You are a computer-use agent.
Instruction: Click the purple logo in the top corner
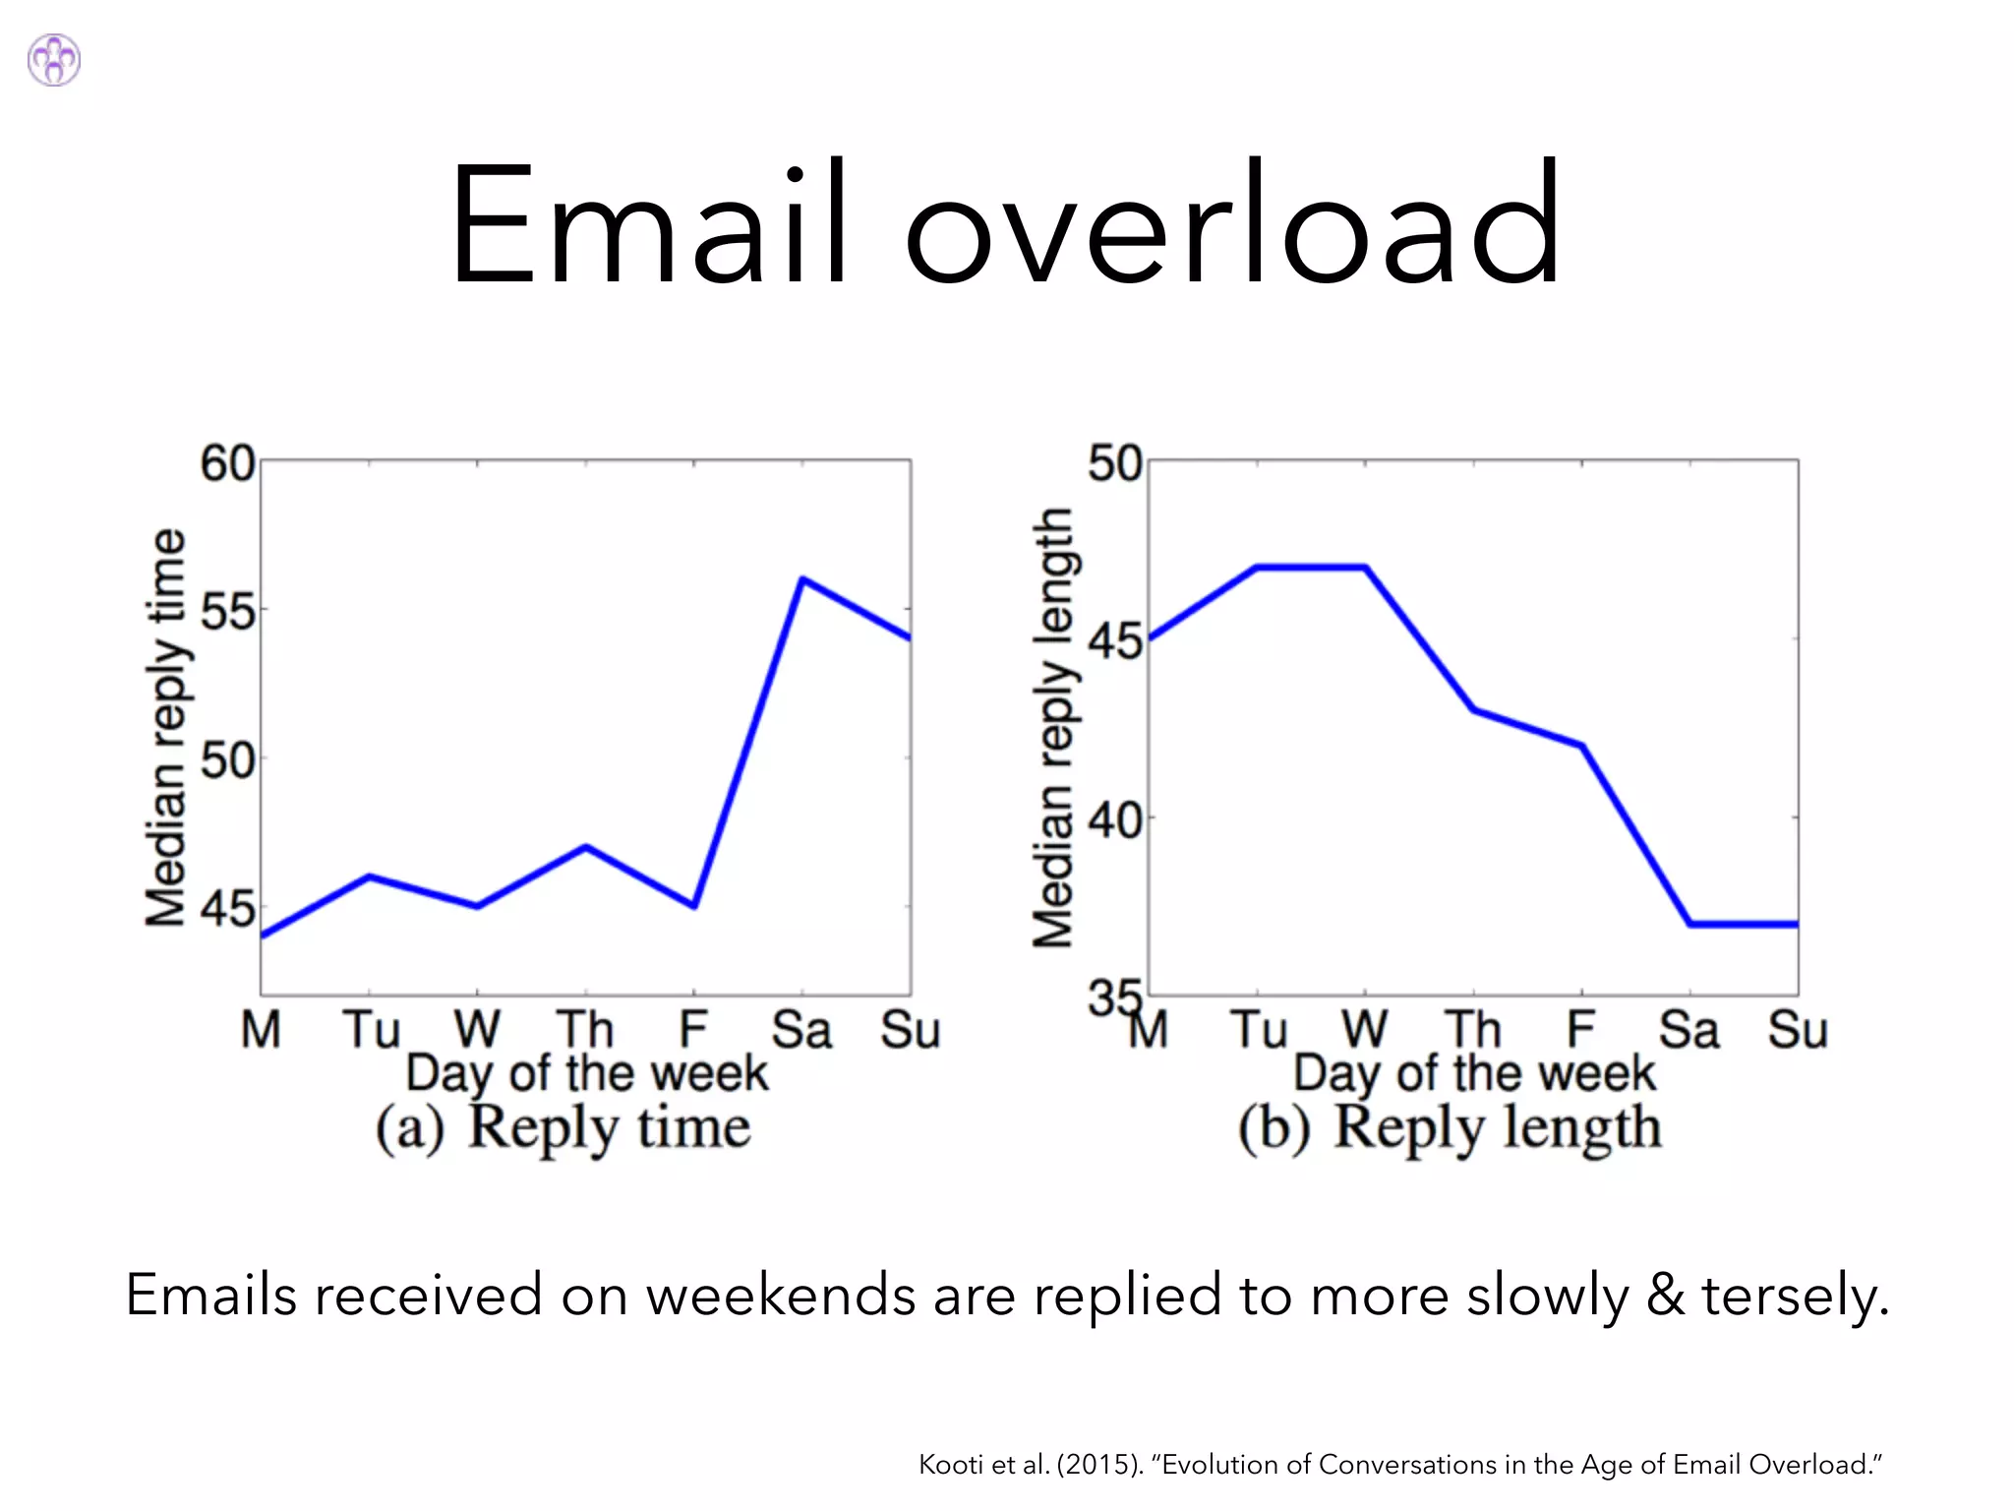[54, 60]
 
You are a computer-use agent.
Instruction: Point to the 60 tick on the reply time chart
[227, 463]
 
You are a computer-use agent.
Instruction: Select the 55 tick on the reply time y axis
[227, 612]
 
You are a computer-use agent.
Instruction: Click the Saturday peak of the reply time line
[802, 578]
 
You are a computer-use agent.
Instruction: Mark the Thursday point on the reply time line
[586, 846]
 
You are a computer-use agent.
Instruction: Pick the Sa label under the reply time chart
[801, 1030]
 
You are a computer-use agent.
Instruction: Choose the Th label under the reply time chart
[586, 1030]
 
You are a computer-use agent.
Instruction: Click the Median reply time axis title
[165, 728]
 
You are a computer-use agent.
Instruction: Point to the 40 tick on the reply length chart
[1115, 819]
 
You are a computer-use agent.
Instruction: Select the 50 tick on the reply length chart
[1115, 463]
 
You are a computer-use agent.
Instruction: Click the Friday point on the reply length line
[1582, 746]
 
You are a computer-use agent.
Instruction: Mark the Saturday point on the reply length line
[1690, 924]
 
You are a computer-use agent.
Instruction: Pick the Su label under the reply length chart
[1798, 1030]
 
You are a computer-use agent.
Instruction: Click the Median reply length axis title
[1053, 728]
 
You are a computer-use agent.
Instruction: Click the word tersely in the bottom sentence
[1795, 1295]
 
